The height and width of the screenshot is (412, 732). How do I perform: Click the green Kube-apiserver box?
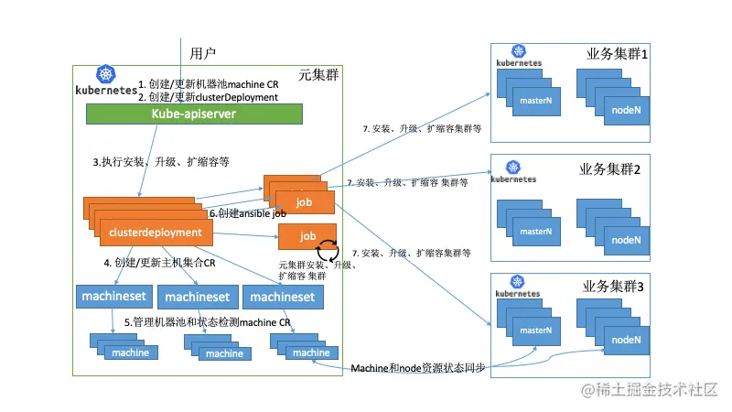(x=194, y=114)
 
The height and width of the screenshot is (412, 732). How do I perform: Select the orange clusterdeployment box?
(x=156, y=233)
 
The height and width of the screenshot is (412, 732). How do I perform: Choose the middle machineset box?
(x=197, y=297)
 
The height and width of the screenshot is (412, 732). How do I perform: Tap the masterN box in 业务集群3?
(x=533, y=331)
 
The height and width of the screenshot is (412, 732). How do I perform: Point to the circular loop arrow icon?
(x=328, y=251)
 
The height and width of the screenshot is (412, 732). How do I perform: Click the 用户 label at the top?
(x=203, y=52)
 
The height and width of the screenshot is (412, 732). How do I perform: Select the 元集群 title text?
(x=318, y=74)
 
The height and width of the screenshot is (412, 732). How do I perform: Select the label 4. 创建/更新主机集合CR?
(x=159, y=263)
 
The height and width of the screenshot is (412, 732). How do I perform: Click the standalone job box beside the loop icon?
(x=307, y=235)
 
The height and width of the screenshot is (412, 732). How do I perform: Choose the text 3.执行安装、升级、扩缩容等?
(x=160, y=161)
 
